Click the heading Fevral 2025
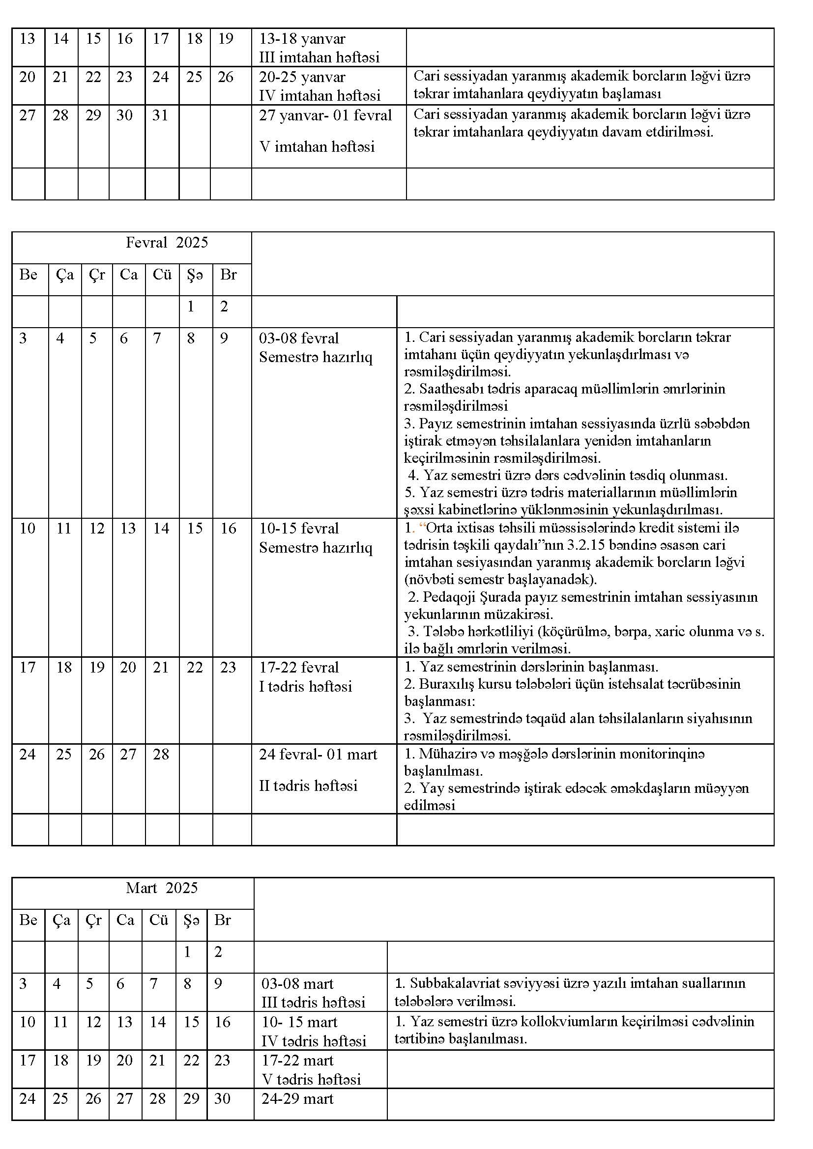point(166,243)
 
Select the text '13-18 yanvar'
point(302,39)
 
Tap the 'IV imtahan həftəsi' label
point(319,95)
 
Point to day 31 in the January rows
point(160,115)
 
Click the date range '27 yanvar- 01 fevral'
point(325,115)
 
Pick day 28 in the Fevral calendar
point(161,754)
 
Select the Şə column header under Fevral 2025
point(195,275)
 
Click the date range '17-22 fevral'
point(298,667)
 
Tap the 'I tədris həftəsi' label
point(305,686)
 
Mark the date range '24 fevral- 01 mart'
point(318,754)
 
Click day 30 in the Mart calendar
point(222,1098)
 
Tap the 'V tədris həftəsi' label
point(311,1079)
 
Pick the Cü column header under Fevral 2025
point(162,275)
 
